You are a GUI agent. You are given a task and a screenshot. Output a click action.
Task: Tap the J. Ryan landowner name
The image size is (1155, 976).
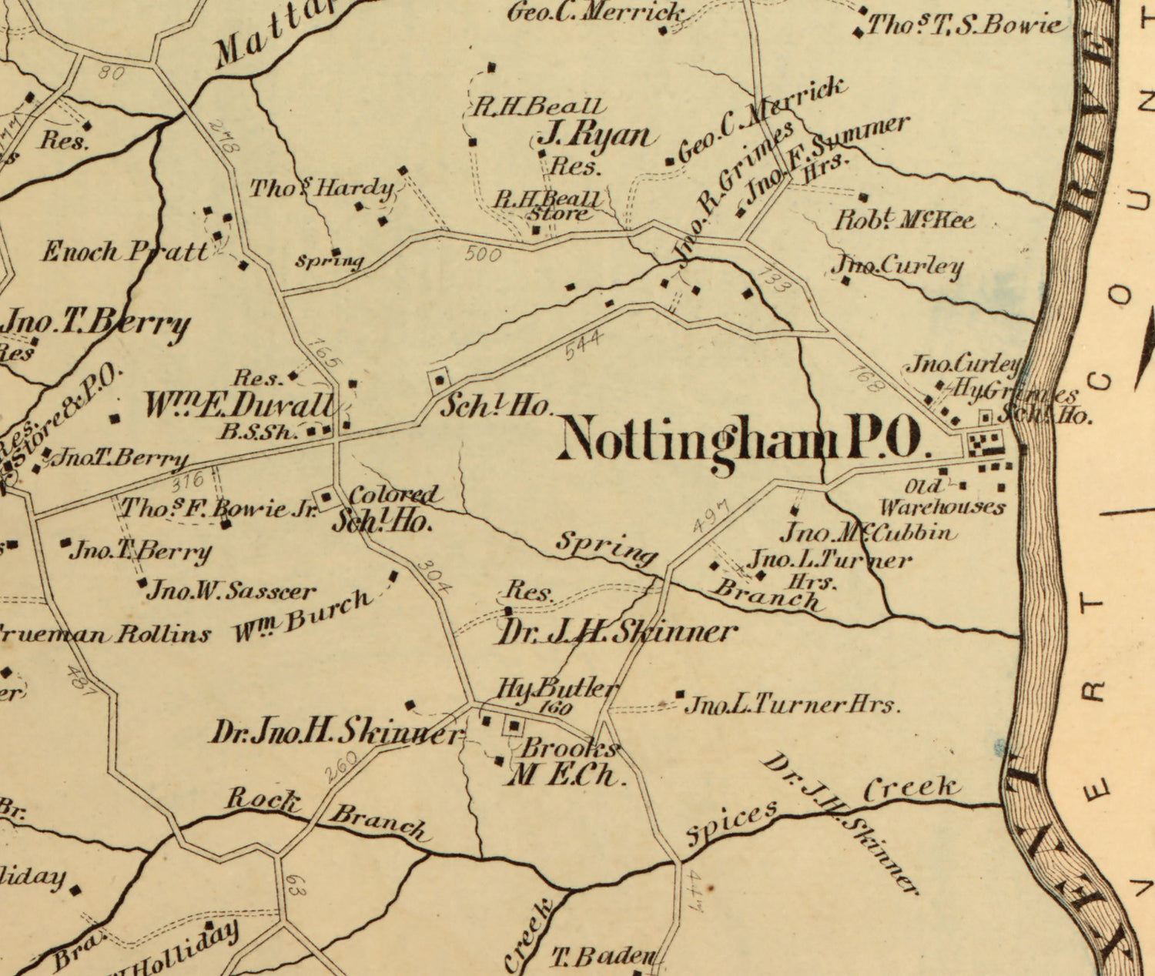[x=597, y=136]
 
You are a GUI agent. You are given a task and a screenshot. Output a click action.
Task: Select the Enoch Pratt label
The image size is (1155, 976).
[x=123, y=252]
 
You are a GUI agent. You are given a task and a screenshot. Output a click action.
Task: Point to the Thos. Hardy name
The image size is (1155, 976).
[x=321, y=188]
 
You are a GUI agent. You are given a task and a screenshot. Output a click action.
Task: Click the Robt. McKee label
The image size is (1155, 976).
[x=905, y=220]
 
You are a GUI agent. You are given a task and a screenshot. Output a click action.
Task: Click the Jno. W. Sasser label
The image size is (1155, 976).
[x=230, y=591]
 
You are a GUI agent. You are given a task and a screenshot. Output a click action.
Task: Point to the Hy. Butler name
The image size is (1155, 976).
[x=557, y=687]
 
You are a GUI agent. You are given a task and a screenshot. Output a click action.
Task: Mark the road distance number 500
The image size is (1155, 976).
[x=483, y=254]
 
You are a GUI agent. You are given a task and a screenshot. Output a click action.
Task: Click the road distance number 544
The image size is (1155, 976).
[x=584, y=344]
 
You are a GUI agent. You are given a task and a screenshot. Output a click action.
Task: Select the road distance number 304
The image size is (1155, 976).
[x=434, y=574]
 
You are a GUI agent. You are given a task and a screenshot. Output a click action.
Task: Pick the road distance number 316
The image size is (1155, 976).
[x=187, y=482]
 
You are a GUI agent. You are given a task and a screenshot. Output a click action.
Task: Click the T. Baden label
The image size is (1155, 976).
[x=603, y=957]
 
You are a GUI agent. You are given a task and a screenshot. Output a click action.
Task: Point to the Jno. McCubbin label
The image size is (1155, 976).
[x=869, y=533]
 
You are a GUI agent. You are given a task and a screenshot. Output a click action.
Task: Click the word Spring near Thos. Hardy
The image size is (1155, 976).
[x=330, y=261]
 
